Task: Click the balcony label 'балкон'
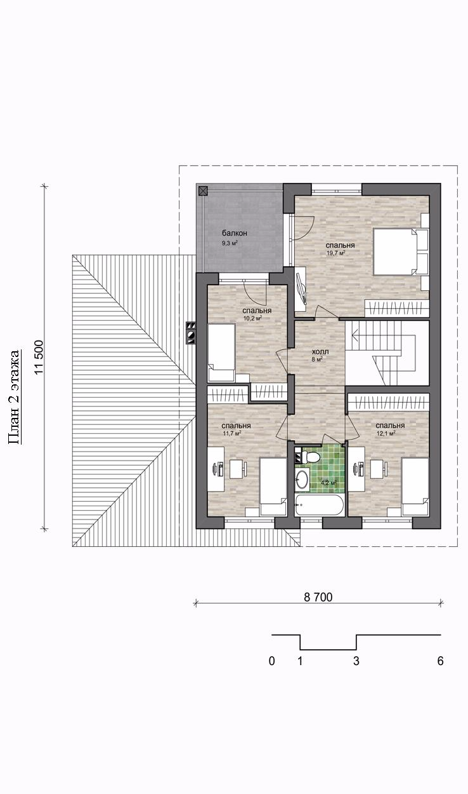(235, 233)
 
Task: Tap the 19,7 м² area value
(335, 253)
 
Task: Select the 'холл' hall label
(320, 352)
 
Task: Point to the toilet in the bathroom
(312, 456)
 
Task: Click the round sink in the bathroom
(302, 479)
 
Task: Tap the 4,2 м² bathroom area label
(328, 483)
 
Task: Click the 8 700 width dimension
(318, 597)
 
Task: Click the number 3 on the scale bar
(356, 661)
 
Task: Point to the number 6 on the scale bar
(440, 661)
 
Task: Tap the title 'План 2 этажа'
(15, 397)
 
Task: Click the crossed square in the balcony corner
(202, 191)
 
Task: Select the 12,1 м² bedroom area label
(386, 433)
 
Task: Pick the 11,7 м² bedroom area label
(231, 433)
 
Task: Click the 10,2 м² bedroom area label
(252, 318)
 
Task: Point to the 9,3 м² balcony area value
(230, 243)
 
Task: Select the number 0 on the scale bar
(271, 661)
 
